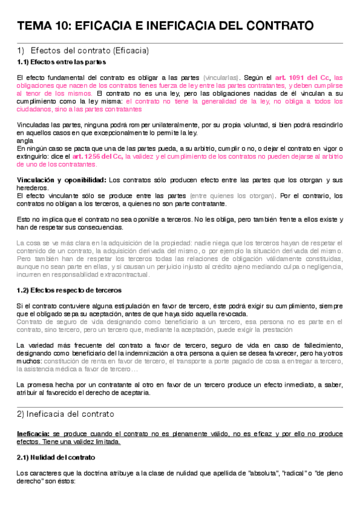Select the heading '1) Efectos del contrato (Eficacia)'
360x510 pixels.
84,51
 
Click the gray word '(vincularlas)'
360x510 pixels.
221,78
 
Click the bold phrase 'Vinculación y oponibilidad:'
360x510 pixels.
63,180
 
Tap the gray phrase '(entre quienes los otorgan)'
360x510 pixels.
240,195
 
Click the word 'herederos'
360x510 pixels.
32,188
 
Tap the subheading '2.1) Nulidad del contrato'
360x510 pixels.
54,458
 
